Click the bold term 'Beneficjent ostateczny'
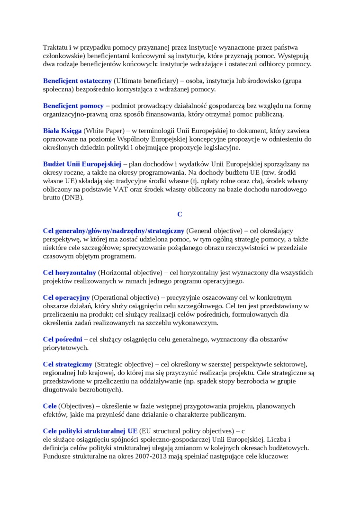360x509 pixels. coord(77,80)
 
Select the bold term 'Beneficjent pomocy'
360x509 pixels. coord(73,106)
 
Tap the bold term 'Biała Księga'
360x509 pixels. coord(62,131)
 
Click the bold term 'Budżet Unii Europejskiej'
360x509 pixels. coord(82,164)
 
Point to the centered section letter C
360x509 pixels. coord(180,214)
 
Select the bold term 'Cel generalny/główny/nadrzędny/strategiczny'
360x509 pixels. coord(113,231)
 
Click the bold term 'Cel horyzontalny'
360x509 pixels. coord(69,273)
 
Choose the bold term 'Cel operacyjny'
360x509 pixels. coord(66,298)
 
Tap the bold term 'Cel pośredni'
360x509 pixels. coord(62,339)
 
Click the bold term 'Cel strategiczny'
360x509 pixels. coord(67,364)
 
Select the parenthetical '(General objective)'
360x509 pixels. coord(214,231)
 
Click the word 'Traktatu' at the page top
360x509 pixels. coord(55,47)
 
